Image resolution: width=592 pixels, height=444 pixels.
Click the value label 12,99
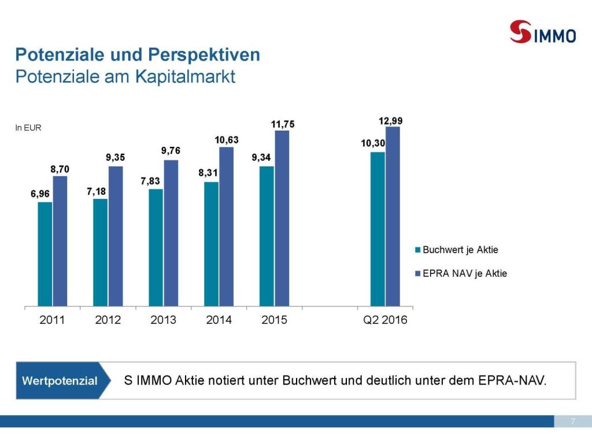[391, 121]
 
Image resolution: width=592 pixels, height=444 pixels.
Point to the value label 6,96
[41, 195]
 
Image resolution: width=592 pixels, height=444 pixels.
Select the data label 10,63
[227, 140]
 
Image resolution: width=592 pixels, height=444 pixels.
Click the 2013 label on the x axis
[163, 320]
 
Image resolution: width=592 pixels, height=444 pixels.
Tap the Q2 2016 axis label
[385, 320]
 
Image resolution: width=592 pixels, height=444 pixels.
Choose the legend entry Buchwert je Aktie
[460, 250]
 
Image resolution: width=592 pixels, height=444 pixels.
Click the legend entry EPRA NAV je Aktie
[465, 273]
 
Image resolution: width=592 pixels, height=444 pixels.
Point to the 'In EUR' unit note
[28, 128]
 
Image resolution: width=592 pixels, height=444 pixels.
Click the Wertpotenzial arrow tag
[60, 380]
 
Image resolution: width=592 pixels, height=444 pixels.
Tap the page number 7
[572, 421]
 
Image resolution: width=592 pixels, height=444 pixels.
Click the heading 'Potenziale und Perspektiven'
[138, 55]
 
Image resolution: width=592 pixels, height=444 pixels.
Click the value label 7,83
[151, 182]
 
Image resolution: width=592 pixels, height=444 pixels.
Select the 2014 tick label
[219, 320]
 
